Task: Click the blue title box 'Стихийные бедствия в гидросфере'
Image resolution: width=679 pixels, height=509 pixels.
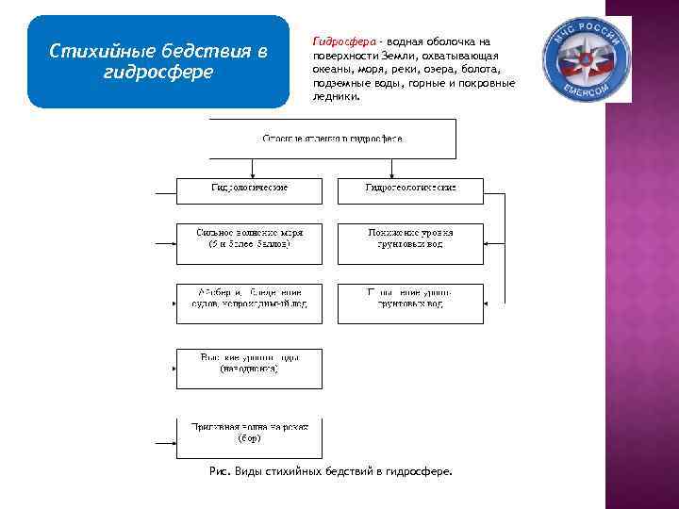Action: coord(157,61)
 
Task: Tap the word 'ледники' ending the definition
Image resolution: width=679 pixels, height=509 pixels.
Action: coord(336,96)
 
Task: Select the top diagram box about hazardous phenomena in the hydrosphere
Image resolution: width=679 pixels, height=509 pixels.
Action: coord(332,139)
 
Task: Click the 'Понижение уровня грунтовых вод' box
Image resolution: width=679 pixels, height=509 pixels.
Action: coord(410,238)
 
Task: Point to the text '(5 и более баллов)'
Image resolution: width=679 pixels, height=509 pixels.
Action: coord(249,245)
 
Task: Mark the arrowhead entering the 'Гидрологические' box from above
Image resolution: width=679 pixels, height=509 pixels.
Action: coord(250,174)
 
